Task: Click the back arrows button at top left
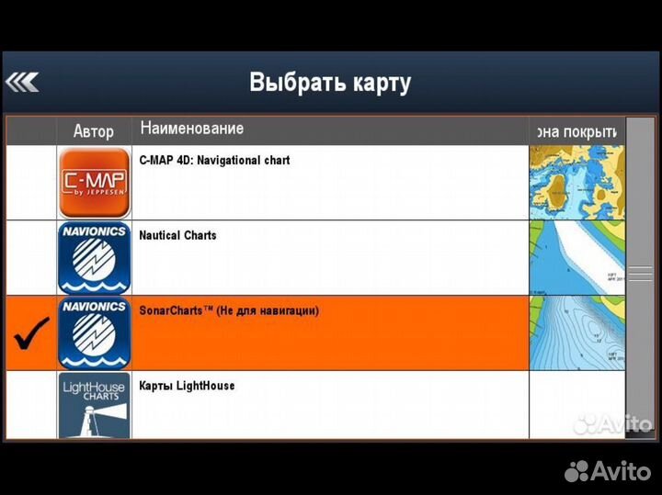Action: tap(22, 83)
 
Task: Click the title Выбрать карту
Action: tap(330, 83)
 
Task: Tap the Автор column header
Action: tap(94, 131)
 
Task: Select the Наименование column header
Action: tap(192, 129)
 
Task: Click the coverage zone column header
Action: tap(576, 131)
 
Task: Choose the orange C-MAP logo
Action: tap(94, 183)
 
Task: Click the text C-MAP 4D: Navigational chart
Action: tap(214, 160)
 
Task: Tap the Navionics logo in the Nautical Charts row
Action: tap(94, 258)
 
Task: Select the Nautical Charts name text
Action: tap(177, 235)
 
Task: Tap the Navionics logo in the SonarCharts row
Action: tap(94, 333)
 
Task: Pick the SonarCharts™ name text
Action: tap(229, 310)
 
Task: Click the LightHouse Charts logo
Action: tap(94, 405)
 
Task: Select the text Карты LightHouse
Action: tap(187, 386)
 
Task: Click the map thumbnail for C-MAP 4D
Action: tap(576, 183)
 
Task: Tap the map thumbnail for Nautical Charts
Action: tap(576, 258)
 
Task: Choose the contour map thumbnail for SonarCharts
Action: tap(576, 333)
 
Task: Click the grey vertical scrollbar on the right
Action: tap(640, 276)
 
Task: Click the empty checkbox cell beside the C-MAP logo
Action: tap(31, 183)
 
